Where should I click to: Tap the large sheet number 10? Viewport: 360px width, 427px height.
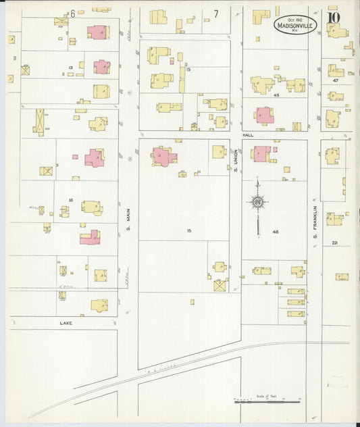pyautogui.click(x=334, y=16)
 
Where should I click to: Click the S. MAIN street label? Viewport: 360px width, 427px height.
pyautogui.click(x=128, y=232)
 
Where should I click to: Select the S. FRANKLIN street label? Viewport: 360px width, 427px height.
pyautogui.click(x=315, y=228)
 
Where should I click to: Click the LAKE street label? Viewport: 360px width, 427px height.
pyautogui.click(x=66, y=323)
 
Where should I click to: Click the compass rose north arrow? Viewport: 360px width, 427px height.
pyautogui.click(x=258, y=202)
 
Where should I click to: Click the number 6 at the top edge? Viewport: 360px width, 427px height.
pyautogui.click(x=72, y=14)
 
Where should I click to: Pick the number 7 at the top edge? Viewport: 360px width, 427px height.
pyautogui.click(x=216, y=14)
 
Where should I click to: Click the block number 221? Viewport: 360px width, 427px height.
pyautogui.click(x=336, y=243)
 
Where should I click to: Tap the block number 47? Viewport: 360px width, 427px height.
pyautogui.click(x=334, y=80)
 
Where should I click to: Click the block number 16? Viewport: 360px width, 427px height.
pyautogui.click(x=70, y=201)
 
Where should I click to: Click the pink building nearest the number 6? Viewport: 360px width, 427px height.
pyautogui.click(x=97, y=32)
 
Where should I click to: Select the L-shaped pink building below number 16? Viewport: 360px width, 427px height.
pyautogui.click(x=90, y=237)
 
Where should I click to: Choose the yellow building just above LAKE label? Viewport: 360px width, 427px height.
pyautogui.click(x=99, y=305)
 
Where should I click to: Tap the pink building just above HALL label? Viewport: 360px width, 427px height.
pyautogui.click(x=263, y=116)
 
